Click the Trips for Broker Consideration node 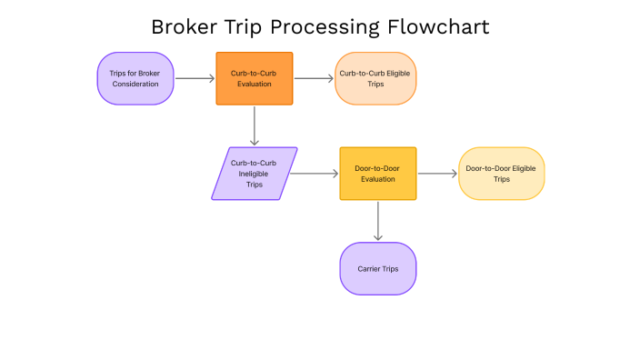click(135, 78)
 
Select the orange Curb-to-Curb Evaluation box click(255, 78)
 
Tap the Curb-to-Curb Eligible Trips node click(375, 78)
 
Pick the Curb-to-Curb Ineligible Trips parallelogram click(255, 173)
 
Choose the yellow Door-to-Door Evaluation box click(377, 173)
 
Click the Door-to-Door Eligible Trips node click(501, 173)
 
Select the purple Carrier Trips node click(377, 268)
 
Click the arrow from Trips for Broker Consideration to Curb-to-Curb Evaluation click(195, 78)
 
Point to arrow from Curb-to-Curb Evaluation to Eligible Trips click(314, 78)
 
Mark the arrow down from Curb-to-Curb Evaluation click(255, 125)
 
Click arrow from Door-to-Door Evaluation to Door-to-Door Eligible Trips click(436, 173)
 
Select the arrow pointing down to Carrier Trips click(377, 220)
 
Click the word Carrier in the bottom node click(368, 269)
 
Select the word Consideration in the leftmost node click(135, 84)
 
